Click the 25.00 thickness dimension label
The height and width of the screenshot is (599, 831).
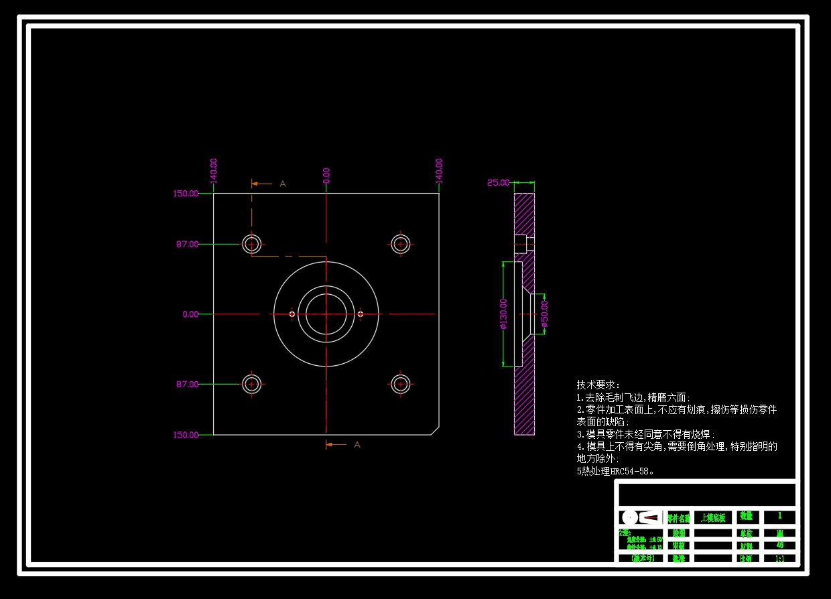(498, 182)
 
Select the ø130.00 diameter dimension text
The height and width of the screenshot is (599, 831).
(503, 314)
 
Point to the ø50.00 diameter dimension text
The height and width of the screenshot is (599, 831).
(544, 314)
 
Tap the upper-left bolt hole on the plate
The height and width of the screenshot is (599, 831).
(252, 244)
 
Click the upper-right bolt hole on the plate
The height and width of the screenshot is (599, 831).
(401, 244)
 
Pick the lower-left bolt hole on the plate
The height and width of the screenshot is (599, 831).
(252, 384)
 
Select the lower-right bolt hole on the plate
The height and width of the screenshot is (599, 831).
(401, 384)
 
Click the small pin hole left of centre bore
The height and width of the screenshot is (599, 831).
(292, 314)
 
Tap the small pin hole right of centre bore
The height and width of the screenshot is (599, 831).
(361, 314)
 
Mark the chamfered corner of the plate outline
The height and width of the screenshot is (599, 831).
(434, 429)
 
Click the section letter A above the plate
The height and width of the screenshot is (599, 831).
(282, 184)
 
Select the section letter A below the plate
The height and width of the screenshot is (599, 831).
(357, 444)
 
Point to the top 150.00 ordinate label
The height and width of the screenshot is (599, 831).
(186, 194)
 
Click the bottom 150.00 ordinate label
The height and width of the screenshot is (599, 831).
(186, 435)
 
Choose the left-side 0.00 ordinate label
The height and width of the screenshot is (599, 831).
(190, 314)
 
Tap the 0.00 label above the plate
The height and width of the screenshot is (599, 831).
(326, 175)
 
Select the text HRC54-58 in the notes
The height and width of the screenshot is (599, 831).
(629, 471)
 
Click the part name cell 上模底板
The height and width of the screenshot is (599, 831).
(712, 517)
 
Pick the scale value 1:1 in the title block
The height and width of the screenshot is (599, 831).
(780, 557)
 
